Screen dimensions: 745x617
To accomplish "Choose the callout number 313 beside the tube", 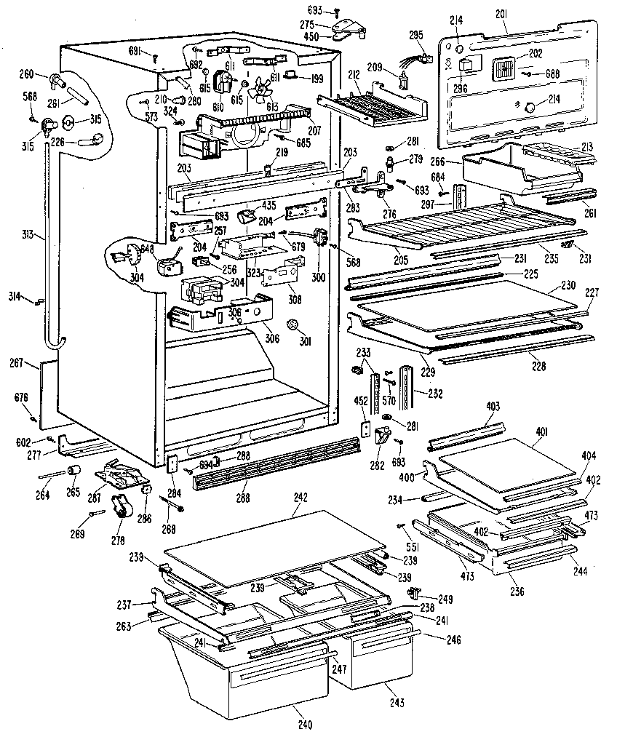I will [28, 235].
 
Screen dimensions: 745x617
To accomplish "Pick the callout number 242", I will [300, 497].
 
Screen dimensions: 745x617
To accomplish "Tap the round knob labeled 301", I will [294, 323].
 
